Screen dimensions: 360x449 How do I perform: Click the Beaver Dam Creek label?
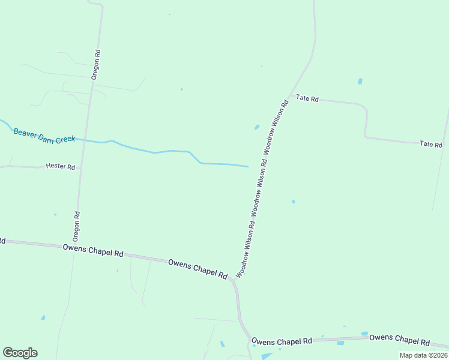coord(44,135)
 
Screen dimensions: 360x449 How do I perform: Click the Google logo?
coord(20,353)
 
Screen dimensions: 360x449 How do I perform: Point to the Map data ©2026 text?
coord(423,355)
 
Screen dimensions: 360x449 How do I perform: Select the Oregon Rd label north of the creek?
coord(96,64)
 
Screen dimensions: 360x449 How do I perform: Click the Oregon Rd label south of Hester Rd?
coord(77,223)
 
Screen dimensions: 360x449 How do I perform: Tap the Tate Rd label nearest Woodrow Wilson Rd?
coord(307,98)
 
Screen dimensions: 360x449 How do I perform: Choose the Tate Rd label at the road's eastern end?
coord(431,145)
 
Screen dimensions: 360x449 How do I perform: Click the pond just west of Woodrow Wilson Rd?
coord(257,127)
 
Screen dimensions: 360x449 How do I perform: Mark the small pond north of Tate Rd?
coord(360,81)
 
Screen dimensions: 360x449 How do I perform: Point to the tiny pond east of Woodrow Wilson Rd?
coord(293,202)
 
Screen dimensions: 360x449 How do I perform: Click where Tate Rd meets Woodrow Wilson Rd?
coord(290,96)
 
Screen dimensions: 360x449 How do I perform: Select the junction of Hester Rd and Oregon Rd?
coord(81,168)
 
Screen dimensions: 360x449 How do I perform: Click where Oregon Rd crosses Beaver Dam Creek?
coord(85,140)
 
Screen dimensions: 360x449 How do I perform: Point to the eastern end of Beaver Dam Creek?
coord(248,166)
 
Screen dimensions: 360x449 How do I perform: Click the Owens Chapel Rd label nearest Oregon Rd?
coord(93,250)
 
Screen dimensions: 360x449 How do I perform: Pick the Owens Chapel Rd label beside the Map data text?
coord(399,340)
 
